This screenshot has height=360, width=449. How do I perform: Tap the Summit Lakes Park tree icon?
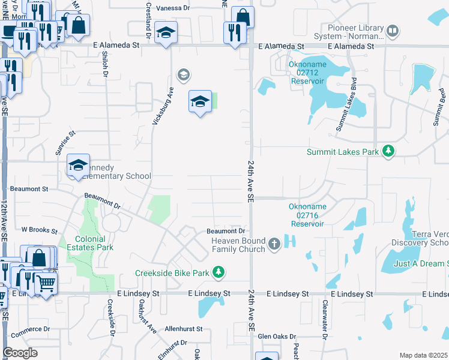click(x=389, y=151)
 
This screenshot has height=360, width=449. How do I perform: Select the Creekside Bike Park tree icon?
click(x=219, y=272)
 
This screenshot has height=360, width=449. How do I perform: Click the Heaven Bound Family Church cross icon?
click(x=274, y=244)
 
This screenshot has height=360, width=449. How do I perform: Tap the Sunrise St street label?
click(x=65, y=143)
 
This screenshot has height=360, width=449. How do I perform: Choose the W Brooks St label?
click(x=39, y=230)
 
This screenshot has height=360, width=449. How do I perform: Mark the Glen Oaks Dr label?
click(x=277, y=337)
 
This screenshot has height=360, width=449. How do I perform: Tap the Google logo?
click(x=20, y=352)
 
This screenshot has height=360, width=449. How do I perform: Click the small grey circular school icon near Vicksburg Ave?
click(x=183, y=75)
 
